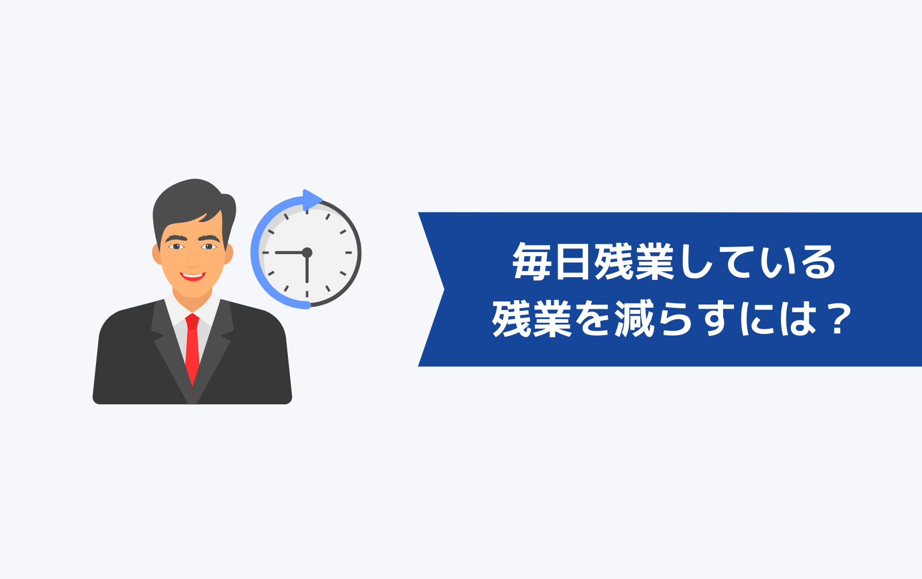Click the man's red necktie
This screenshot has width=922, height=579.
coord(192,346)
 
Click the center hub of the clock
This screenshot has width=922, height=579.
coord(307,253)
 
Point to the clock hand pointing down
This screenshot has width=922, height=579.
coord(307,268)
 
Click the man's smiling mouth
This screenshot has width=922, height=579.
coord(192,277)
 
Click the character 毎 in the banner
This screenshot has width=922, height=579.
coord(532,262)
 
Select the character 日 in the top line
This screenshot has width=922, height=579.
coord(573,262)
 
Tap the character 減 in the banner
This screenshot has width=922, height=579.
coord(634,318)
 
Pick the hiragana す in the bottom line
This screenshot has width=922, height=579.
coord(717,319)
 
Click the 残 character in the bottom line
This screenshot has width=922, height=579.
coord(511,318)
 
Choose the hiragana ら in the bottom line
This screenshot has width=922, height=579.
coord(675,319)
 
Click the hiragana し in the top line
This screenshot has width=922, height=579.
coord(697,262)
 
